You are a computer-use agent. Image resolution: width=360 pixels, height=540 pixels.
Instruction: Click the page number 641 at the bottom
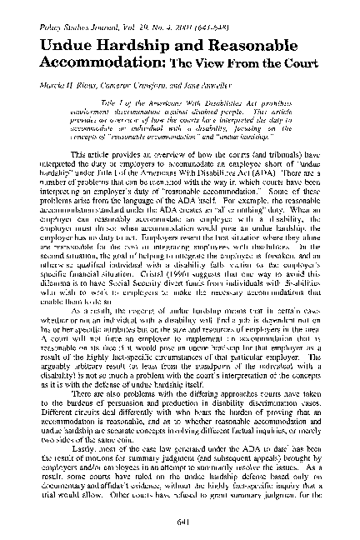(180, 523)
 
